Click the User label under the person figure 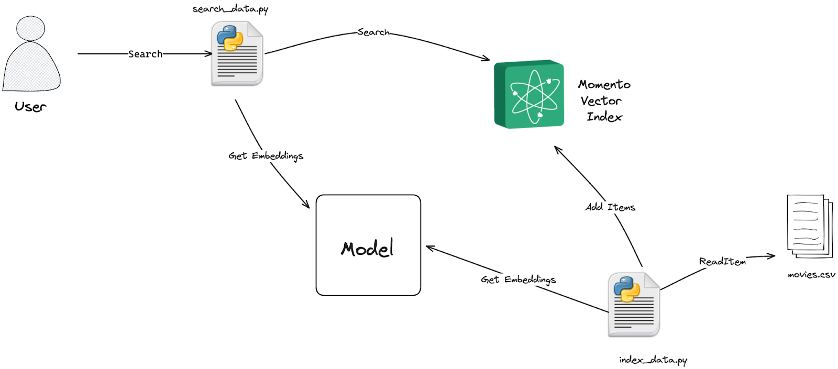30,107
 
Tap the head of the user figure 30,28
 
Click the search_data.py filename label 230,9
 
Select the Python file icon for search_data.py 237,53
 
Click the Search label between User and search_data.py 145,54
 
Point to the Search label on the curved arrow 373,32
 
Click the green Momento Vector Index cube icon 529,94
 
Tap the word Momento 604,84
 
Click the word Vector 601,100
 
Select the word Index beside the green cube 604,117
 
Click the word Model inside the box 367,248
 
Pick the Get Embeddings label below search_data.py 266,156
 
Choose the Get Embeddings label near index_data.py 518,279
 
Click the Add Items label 610,207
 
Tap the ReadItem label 722,261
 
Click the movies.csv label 811,275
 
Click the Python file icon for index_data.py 634,305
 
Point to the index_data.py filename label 653,360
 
